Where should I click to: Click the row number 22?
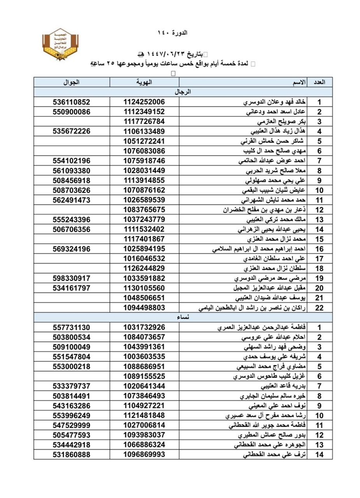(319, 308)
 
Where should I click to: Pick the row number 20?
(319, 288)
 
